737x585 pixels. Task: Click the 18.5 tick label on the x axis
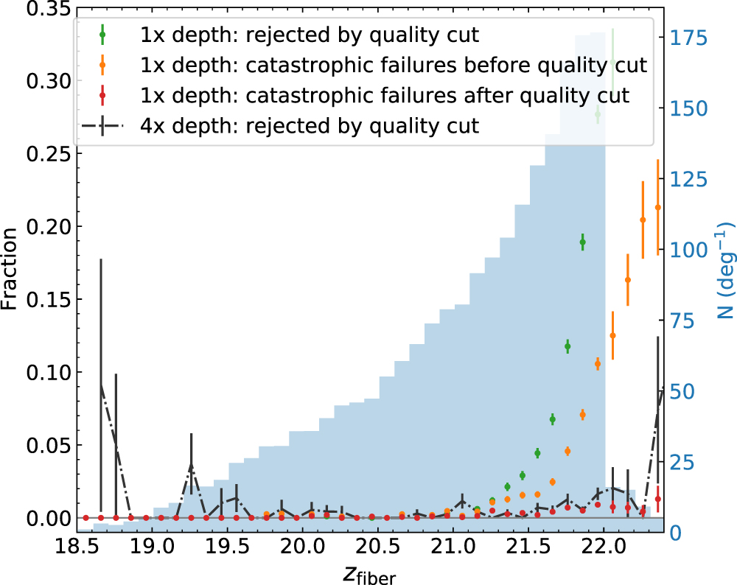77,548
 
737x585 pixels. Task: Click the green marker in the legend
102,34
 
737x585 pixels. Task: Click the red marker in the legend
102,95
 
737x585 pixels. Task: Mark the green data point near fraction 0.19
582,242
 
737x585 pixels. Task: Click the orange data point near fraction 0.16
627,280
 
